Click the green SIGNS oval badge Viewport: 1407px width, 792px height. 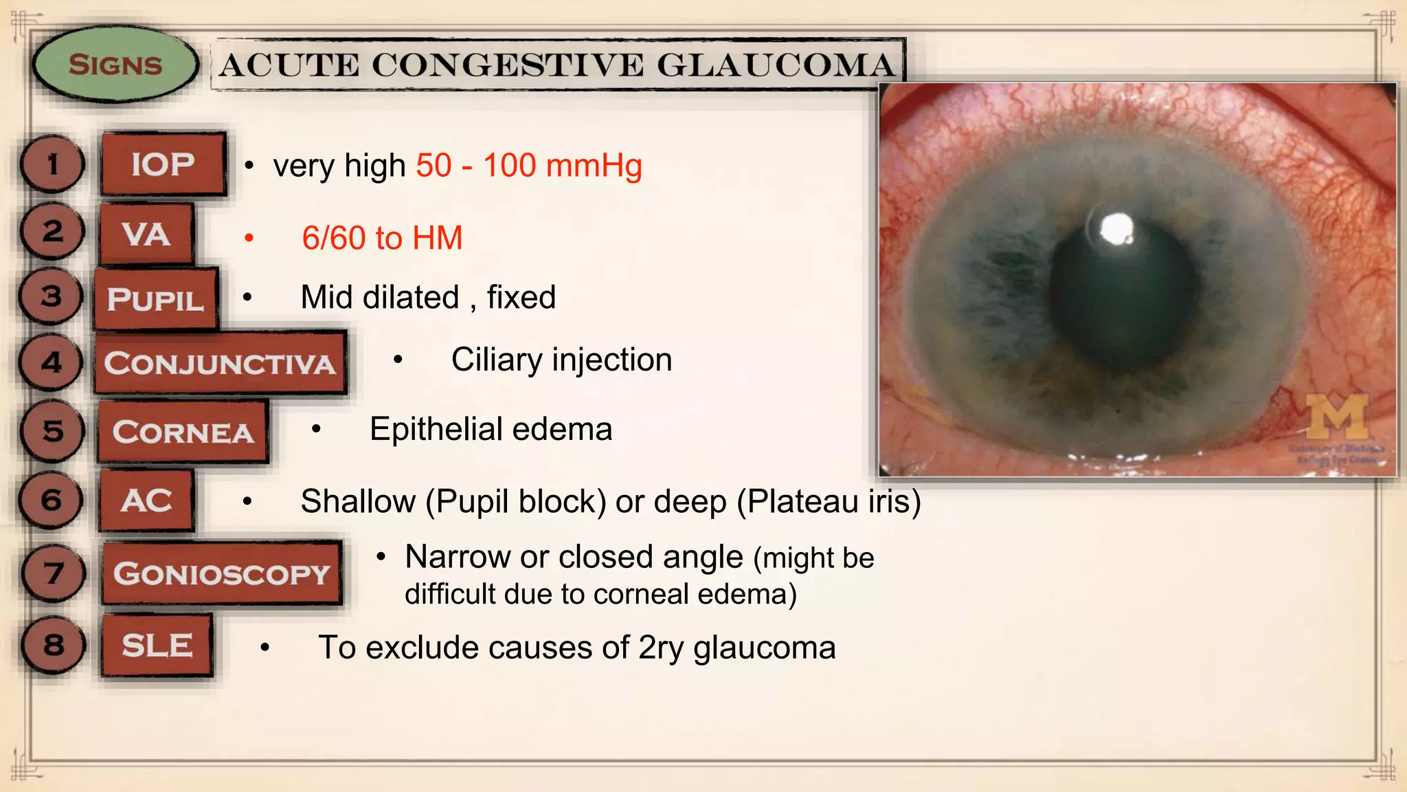(x=115, y=65)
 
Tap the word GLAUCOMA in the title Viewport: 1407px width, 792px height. (x=776, y=66)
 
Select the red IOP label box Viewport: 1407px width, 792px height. (x=163, y=164)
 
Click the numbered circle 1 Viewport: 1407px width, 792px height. (x=52, y=164)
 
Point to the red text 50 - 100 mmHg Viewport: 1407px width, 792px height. (x=529, y=166)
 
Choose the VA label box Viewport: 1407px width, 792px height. (x=146, y=234)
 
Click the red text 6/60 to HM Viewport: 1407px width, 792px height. (x=382, y=239)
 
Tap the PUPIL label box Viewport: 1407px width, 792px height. (x=156, y=299)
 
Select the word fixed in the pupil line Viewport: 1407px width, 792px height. (x=521, y=298)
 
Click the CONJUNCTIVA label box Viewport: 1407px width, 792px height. (x=220, y=363)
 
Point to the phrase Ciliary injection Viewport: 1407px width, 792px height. (x=561, y=360)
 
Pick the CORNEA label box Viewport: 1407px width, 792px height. (x=183, y=432)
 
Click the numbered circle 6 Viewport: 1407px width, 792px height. (x=52, y=500)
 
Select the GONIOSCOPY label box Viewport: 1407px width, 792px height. (x=221, y=573)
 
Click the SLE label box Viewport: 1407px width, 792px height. (x=157, y=646)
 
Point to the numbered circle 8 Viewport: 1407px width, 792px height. (x=53, y=645)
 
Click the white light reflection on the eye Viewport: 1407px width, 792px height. (x=1115, y=229)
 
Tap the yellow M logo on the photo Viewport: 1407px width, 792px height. (x=1336, y=416)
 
